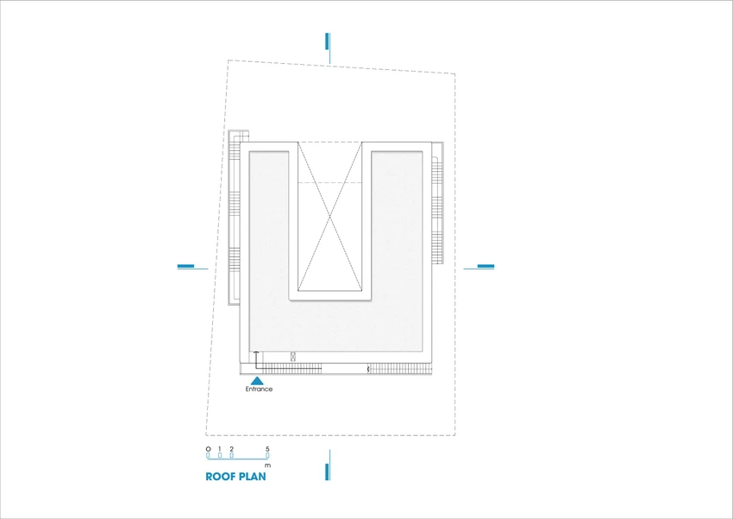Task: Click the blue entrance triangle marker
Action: [x=257, y=381]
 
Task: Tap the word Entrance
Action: [x=259, y=389]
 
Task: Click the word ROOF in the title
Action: [x=221, y=477]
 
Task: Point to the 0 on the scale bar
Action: [x=208, y=449]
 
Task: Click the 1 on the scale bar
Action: [x=220, y=449]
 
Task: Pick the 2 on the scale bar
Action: [x=231, y=449]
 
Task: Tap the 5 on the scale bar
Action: [x=267, y=449]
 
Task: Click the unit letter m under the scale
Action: [x=267, y=465]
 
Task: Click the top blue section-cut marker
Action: [x=329, y=47]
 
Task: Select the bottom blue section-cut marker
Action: [x=329, y=465]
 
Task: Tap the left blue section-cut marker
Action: [x=192, y=267]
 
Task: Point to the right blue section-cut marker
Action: [x=479, y=267]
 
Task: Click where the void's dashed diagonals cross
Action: [x=330, y=217]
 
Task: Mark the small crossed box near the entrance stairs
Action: [x=293, y=357]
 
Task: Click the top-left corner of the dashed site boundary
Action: [x=228, y=60]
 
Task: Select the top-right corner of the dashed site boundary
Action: [x=454, y=74]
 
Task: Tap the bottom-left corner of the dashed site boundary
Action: [x=206, y=435]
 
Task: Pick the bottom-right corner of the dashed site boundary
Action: [x=454, y=435]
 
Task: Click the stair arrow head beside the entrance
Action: [x=256, y=352]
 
